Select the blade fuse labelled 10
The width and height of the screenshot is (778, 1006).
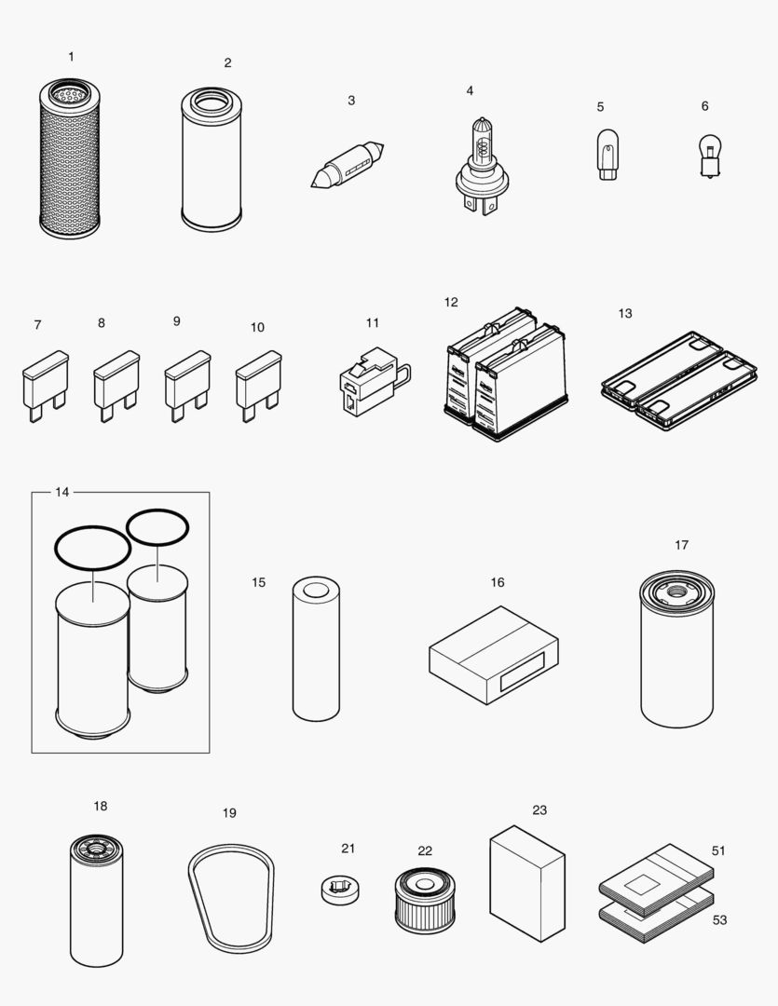tap(258, 382)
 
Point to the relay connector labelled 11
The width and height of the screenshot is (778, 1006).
tap(369, 380)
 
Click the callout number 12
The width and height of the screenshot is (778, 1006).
tap(451, 302)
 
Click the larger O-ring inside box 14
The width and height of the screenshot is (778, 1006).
tap(92, 548)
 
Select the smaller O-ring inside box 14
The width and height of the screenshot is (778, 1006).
tap(157, 528)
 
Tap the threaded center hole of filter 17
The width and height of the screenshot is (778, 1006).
tap(676, 591)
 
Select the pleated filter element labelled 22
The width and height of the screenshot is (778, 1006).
tap(425, 899)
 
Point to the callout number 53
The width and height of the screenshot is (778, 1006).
tap(719, 919)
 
